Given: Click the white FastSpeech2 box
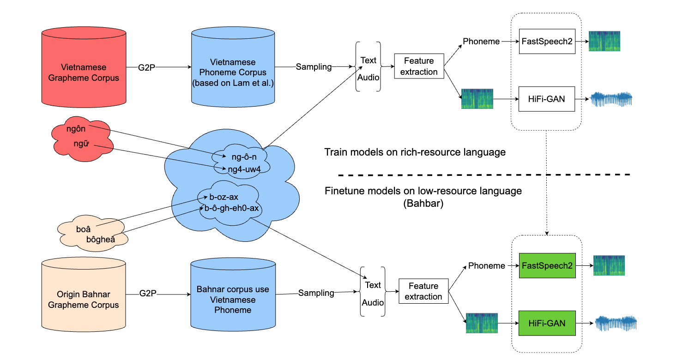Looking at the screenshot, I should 547,41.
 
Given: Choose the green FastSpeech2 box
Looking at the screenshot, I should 547,265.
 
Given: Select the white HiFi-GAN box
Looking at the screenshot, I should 547,99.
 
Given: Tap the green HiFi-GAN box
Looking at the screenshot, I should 547,323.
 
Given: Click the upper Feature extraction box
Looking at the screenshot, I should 419,66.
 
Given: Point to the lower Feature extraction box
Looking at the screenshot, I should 423,291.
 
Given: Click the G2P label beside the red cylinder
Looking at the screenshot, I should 147,67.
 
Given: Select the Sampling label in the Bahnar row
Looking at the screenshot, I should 316,293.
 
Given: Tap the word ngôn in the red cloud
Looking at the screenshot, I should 76,129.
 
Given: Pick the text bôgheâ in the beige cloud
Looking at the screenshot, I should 100,239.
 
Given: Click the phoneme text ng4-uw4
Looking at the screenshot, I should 244,168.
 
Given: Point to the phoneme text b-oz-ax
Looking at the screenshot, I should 224,197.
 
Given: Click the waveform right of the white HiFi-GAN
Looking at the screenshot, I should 611,99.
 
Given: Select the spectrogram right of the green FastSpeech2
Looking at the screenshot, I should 609,265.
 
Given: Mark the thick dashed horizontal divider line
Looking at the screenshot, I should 485,175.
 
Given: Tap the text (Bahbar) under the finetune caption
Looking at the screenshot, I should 423,204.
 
